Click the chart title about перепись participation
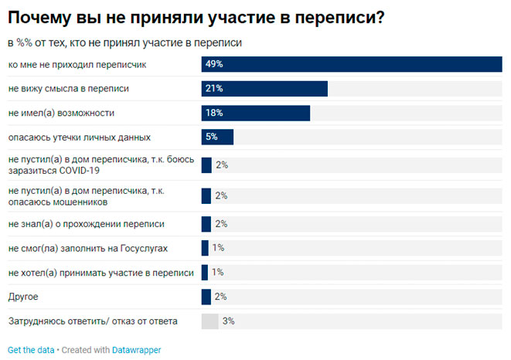click(196, 18)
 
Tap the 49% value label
click(214, 65)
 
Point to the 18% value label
click(214, 113)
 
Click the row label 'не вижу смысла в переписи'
click(68, 89)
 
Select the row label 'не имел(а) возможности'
click(61, 113)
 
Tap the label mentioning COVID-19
click(97, 165)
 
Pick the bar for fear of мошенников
click(206, 195)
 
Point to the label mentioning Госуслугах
click(87, 248)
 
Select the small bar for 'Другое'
click(206, 297)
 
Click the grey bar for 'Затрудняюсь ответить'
click(210, 321)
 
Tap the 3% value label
click(228, 321)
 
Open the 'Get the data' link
click(31, 350)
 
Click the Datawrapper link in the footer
click(137, 350)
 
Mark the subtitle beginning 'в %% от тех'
click(124, 42)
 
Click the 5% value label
click(212, 137)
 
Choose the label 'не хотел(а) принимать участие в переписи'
click(100, 272)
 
